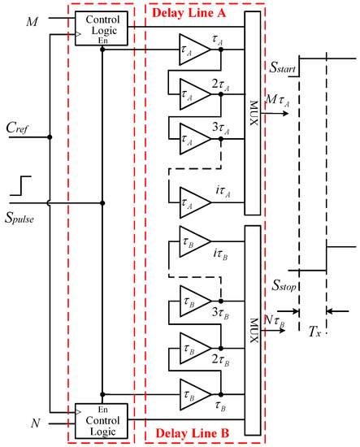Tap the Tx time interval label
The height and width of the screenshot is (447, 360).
pyautogui.click(x=313, y=334)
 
